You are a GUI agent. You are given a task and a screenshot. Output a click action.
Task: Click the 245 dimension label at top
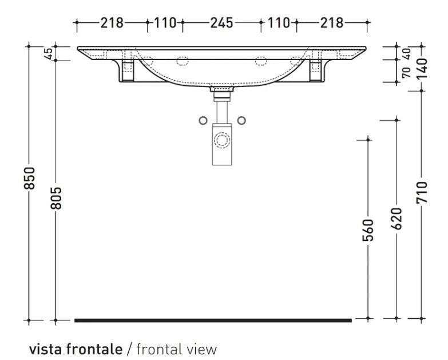pos(222,23)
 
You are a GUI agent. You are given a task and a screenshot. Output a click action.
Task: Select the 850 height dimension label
pos(29,178)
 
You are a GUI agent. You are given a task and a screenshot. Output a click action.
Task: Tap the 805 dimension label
pos(56,198)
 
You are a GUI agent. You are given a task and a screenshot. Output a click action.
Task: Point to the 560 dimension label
pos(368,230)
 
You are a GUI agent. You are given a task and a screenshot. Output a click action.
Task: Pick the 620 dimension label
pos(397,219)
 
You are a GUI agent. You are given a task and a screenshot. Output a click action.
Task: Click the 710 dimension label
pos(422,192)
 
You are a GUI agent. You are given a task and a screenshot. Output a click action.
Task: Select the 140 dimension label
pos(422,69)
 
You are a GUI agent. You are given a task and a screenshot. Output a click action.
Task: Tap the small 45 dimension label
pos(49,53)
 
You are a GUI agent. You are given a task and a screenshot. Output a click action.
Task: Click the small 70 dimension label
pos(406,72)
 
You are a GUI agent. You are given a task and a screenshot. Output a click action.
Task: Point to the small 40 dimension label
pos(406,54)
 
